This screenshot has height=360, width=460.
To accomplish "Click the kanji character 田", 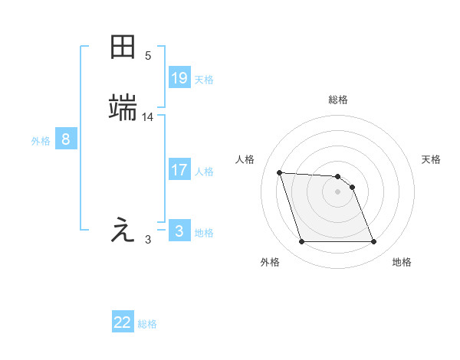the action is pyautogui.click(x=123, y=47).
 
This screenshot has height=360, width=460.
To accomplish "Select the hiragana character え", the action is pyautogui.click(x=123, y=230).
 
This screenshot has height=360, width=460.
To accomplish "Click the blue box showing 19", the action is pyautogui.click(x=179, y=77).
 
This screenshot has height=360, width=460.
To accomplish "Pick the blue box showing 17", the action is pyautogui.click(x=179, y=169).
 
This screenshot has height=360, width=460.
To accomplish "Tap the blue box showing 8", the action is pyautogui.click(x=66, y=139).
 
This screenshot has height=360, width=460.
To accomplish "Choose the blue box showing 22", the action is pyautogui.click(x=123, y=322).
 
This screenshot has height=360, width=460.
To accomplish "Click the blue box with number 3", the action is pyautogui.click(x=179, y=231).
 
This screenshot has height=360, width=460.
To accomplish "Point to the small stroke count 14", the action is pyautogui.click(x=148, y=117).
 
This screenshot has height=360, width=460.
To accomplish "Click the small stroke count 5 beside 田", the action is pyautogui.click(x=148, y=56).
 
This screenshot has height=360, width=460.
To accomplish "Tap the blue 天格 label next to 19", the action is pyautogui.click(x=204, y=80).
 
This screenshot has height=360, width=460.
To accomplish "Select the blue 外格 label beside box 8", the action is pyautogui.click(x=41, y=141).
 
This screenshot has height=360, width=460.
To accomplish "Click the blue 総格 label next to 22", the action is pyautogui.click(x=147, y=324).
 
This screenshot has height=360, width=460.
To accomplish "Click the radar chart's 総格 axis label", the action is pyautogui.click(x=338, y=100).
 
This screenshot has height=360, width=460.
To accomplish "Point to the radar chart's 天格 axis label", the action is pyautogui.click(x=432, y=159).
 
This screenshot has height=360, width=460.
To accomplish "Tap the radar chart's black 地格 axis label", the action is pyautogui.click(x=402, y=262).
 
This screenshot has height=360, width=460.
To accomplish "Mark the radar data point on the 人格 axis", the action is pyautogui.click(x=279, y=172).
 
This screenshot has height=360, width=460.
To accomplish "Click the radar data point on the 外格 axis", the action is pyautogui.click(x=301, y=242).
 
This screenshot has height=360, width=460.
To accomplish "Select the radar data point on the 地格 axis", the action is pyautogui.click(x=374, y=242).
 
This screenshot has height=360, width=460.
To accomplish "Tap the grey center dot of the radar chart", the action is pyautogui.click(x=338, y=191).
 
